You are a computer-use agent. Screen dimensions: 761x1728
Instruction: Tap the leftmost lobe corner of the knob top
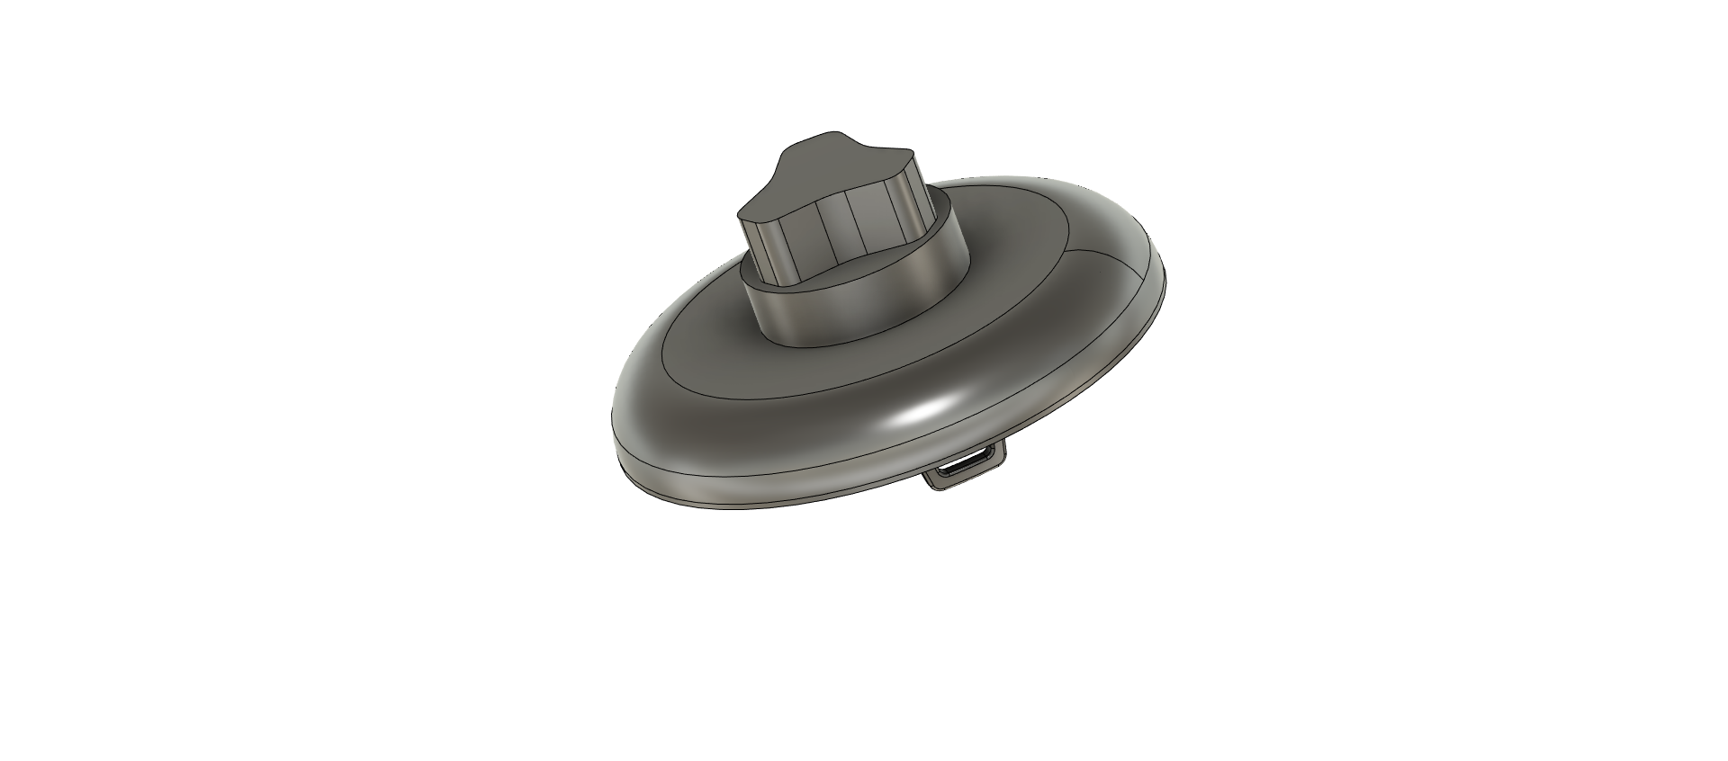(741, 214)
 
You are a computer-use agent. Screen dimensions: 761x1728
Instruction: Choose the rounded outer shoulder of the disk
(720, 432)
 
